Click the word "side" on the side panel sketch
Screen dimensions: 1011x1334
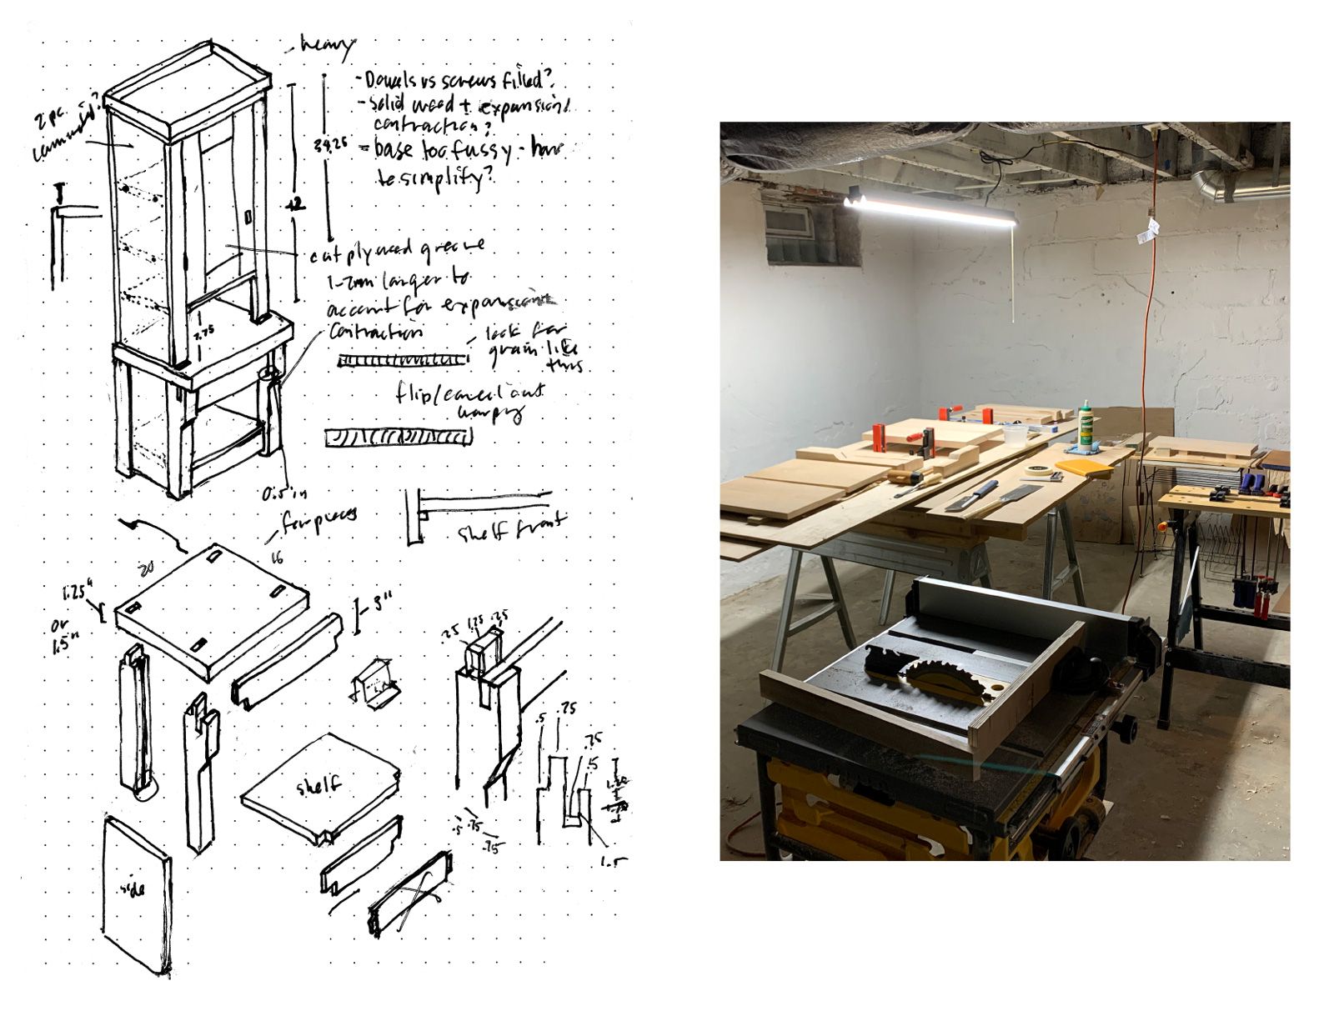(x=133, y=888)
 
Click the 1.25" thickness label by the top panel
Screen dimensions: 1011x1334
(x=75, y=595)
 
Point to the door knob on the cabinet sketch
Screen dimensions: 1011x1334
(x=248, y=217)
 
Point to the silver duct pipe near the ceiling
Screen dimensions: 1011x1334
(x=1234, y=188)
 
